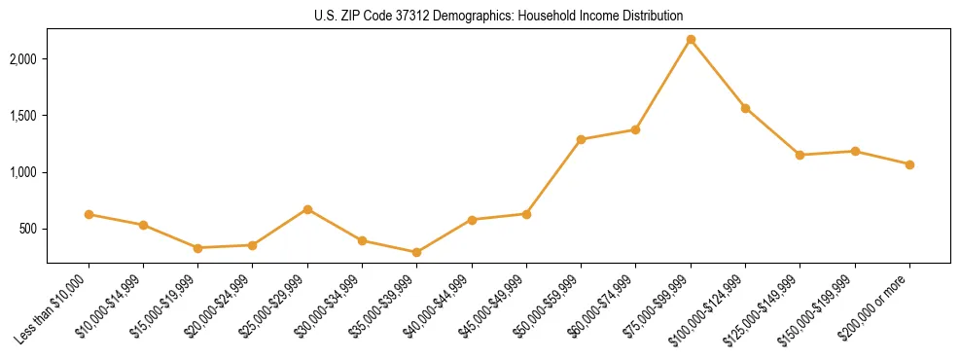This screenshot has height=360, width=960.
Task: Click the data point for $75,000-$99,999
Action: (x=691, y=40)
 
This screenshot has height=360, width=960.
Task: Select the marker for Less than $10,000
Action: (x=89, y=214)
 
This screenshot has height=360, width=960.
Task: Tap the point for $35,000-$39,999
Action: (x=416, y=252)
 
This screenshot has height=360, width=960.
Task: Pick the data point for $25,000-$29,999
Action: (x=307, y=209)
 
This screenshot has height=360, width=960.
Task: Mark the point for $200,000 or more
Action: (x=909, y=164)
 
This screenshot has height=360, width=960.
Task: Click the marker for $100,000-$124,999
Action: (x=745, y=108)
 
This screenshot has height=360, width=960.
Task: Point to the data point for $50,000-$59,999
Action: (x=581, y=139)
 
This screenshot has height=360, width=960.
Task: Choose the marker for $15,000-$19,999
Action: (x=197, y=248)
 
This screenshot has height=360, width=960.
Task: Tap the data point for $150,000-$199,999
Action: (x=855, y=151)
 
